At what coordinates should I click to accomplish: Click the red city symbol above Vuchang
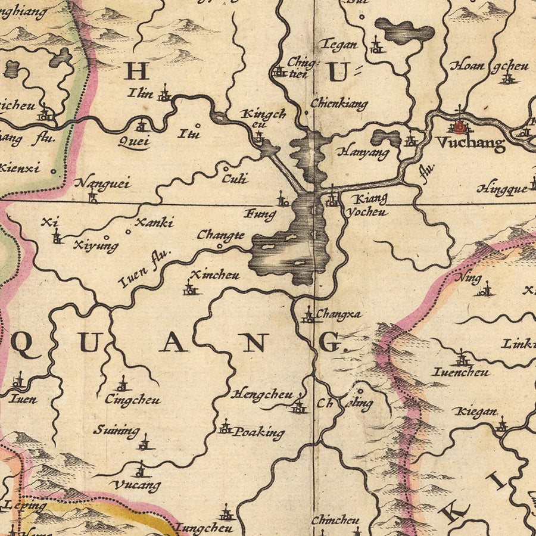(459, 126)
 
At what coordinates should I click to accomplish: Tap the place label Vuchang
(470, 143)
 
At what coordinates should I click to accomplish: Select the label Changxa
(338, 314)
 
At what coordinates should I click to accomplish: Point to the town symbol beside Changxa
(308, 316)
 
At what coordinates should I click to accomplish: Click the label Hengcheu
(262, 394)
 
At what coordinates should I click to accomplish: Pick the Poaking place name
(258, 432)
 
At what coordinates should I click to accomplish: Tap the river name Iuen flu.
(144, 269)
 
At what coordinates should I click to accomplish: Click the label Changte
(220, 235)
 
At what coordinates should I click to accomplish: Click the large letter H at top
(136, 73)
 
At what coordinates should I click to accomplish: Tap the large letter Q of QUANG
(22, 344)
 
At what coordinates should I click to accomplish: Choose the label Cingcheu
(132, 400)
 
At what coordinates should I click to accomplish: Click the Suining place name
(116, 430)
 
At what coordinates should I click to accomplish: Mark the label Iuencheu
(461, 372)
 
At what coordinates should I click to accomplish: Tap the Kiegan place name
(475, 412)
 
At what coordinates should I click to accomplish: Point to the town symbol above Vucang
(140, 470)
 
